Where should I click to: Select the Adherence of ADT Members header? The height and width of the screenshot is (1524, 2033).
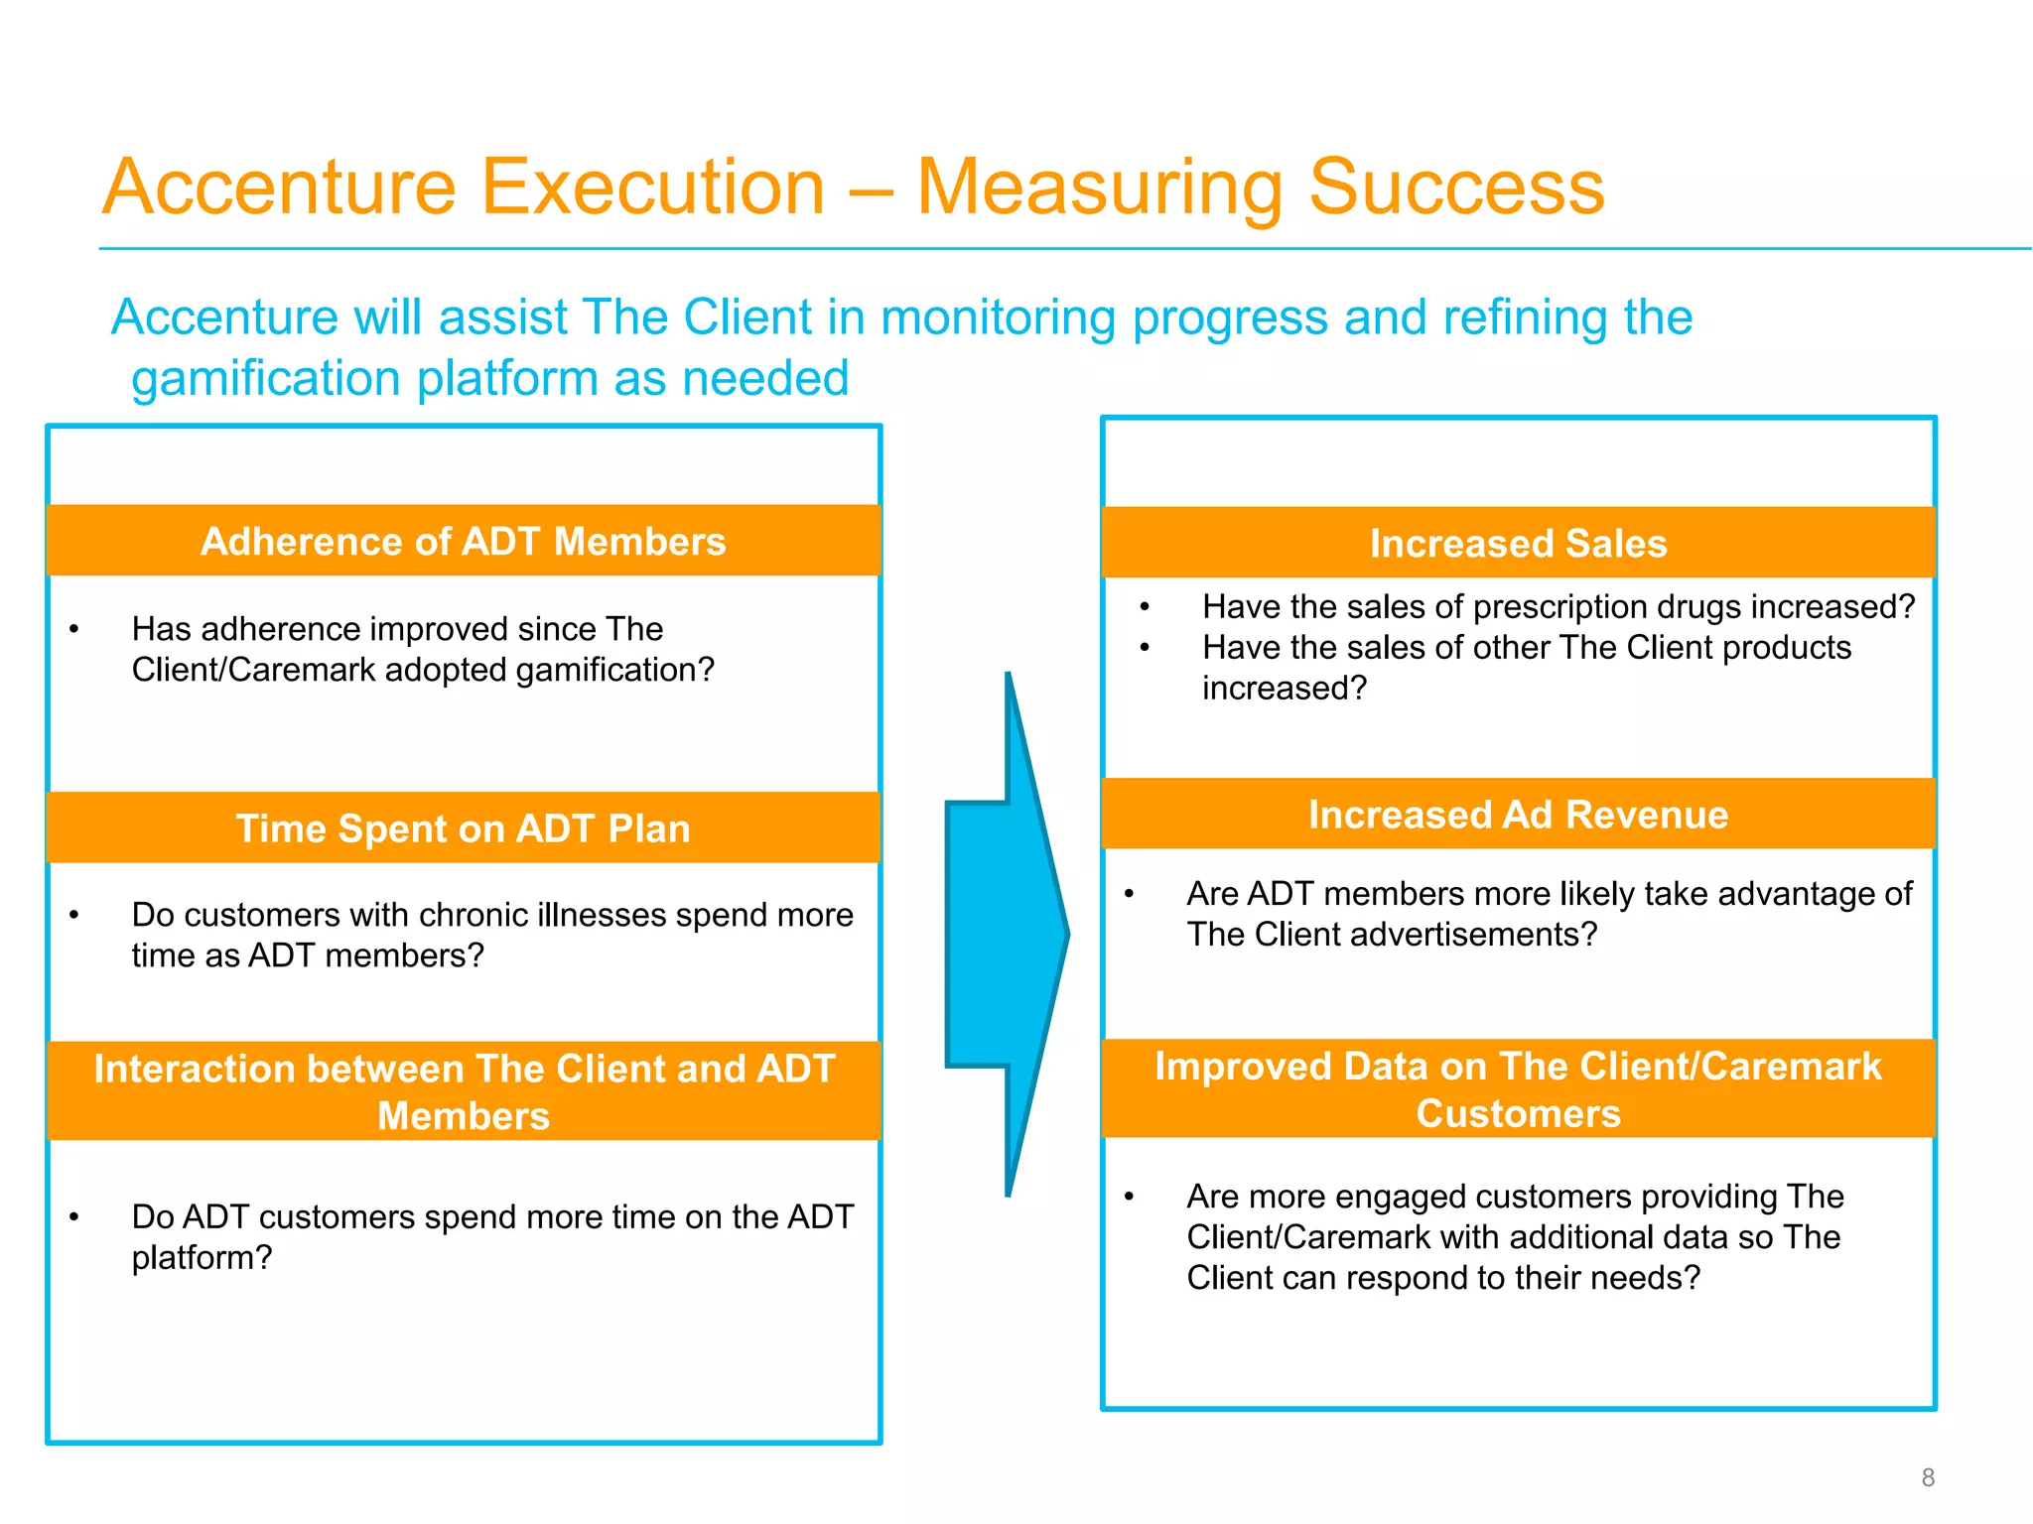tap(464, 541)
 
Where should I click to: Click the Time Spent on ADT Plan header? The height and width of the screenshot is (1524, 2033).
tap(464, 827)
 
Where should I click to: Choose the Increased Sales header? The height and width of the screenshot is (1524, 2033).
tap(1518, 543)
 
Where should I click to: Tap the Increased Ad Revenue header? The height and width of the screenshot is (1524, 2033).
tap(1518, 814)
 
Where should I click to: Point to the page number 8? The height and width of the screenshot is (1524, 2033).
tap(1928, 1477)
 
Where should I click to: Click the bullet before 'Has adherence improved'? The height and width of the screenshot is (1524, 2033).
tap(73, 630)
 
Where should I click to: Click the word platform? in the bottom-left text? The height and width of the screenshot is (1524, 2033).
tap(202, 1258)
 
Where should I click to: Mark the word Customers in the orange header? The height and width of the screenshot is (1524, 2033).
tap(1518, 1113)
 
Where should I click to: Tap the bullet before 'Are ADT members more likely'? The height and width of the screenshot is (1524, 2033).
tap(1129, 894)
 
